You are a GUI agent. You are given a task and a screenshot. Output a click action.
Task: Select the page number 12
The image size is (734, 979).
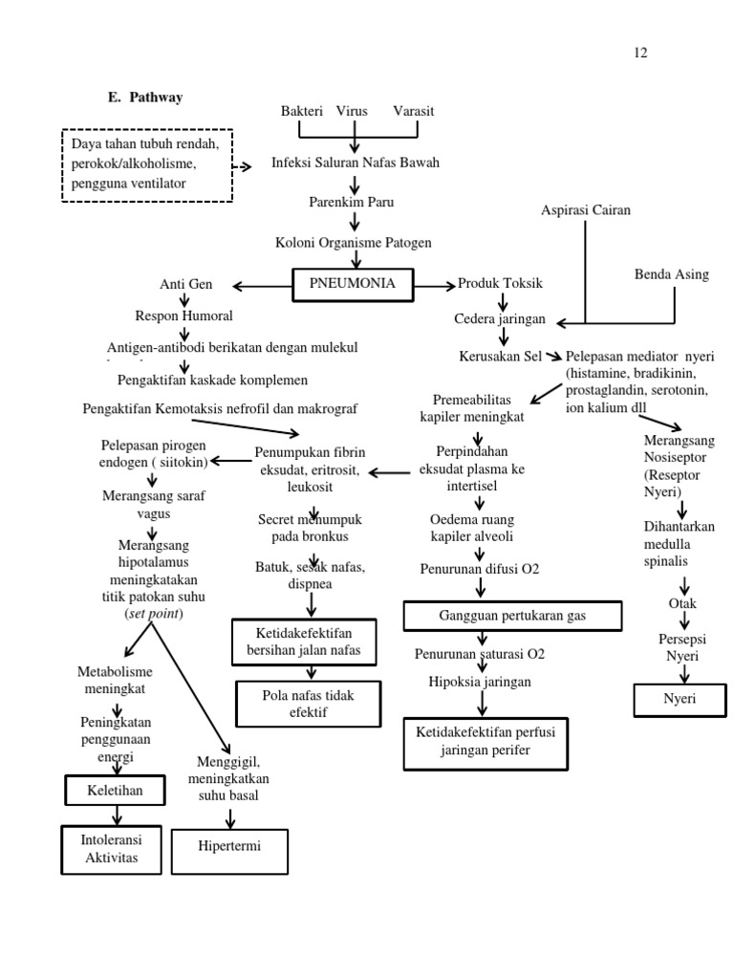point(640,53)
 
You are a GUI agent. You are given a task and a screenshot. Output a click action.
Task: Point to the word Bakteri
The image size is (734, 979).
point(301,111)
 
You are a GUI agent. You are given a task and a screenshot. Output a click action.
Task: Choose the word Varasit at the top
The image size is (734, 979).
point(413,111)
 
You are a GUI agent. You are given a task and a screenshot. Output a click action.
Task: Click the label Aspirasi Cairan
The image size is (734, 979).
point(586,210)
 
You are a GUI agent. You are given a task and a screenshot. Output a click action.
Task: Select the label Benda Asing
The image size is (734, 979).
point(672,274)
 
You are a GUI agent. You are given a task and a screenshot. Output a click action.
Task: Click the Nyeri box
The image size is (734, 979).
point(680,699)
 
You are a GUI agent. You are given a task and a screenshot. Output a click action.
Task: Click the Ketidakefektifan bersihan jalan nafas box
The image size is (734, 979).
point(303,642)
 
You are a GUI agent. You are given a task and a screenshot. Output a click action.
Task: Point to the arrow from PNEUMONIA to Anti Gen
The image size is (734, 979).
point(261,285)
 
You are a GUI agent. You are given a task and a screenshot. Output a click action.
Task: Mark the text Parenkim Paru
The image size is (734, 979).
point(352,202)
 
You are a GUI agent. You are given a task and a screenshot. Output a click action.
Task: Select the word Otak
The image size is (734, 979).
point(682,603)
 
